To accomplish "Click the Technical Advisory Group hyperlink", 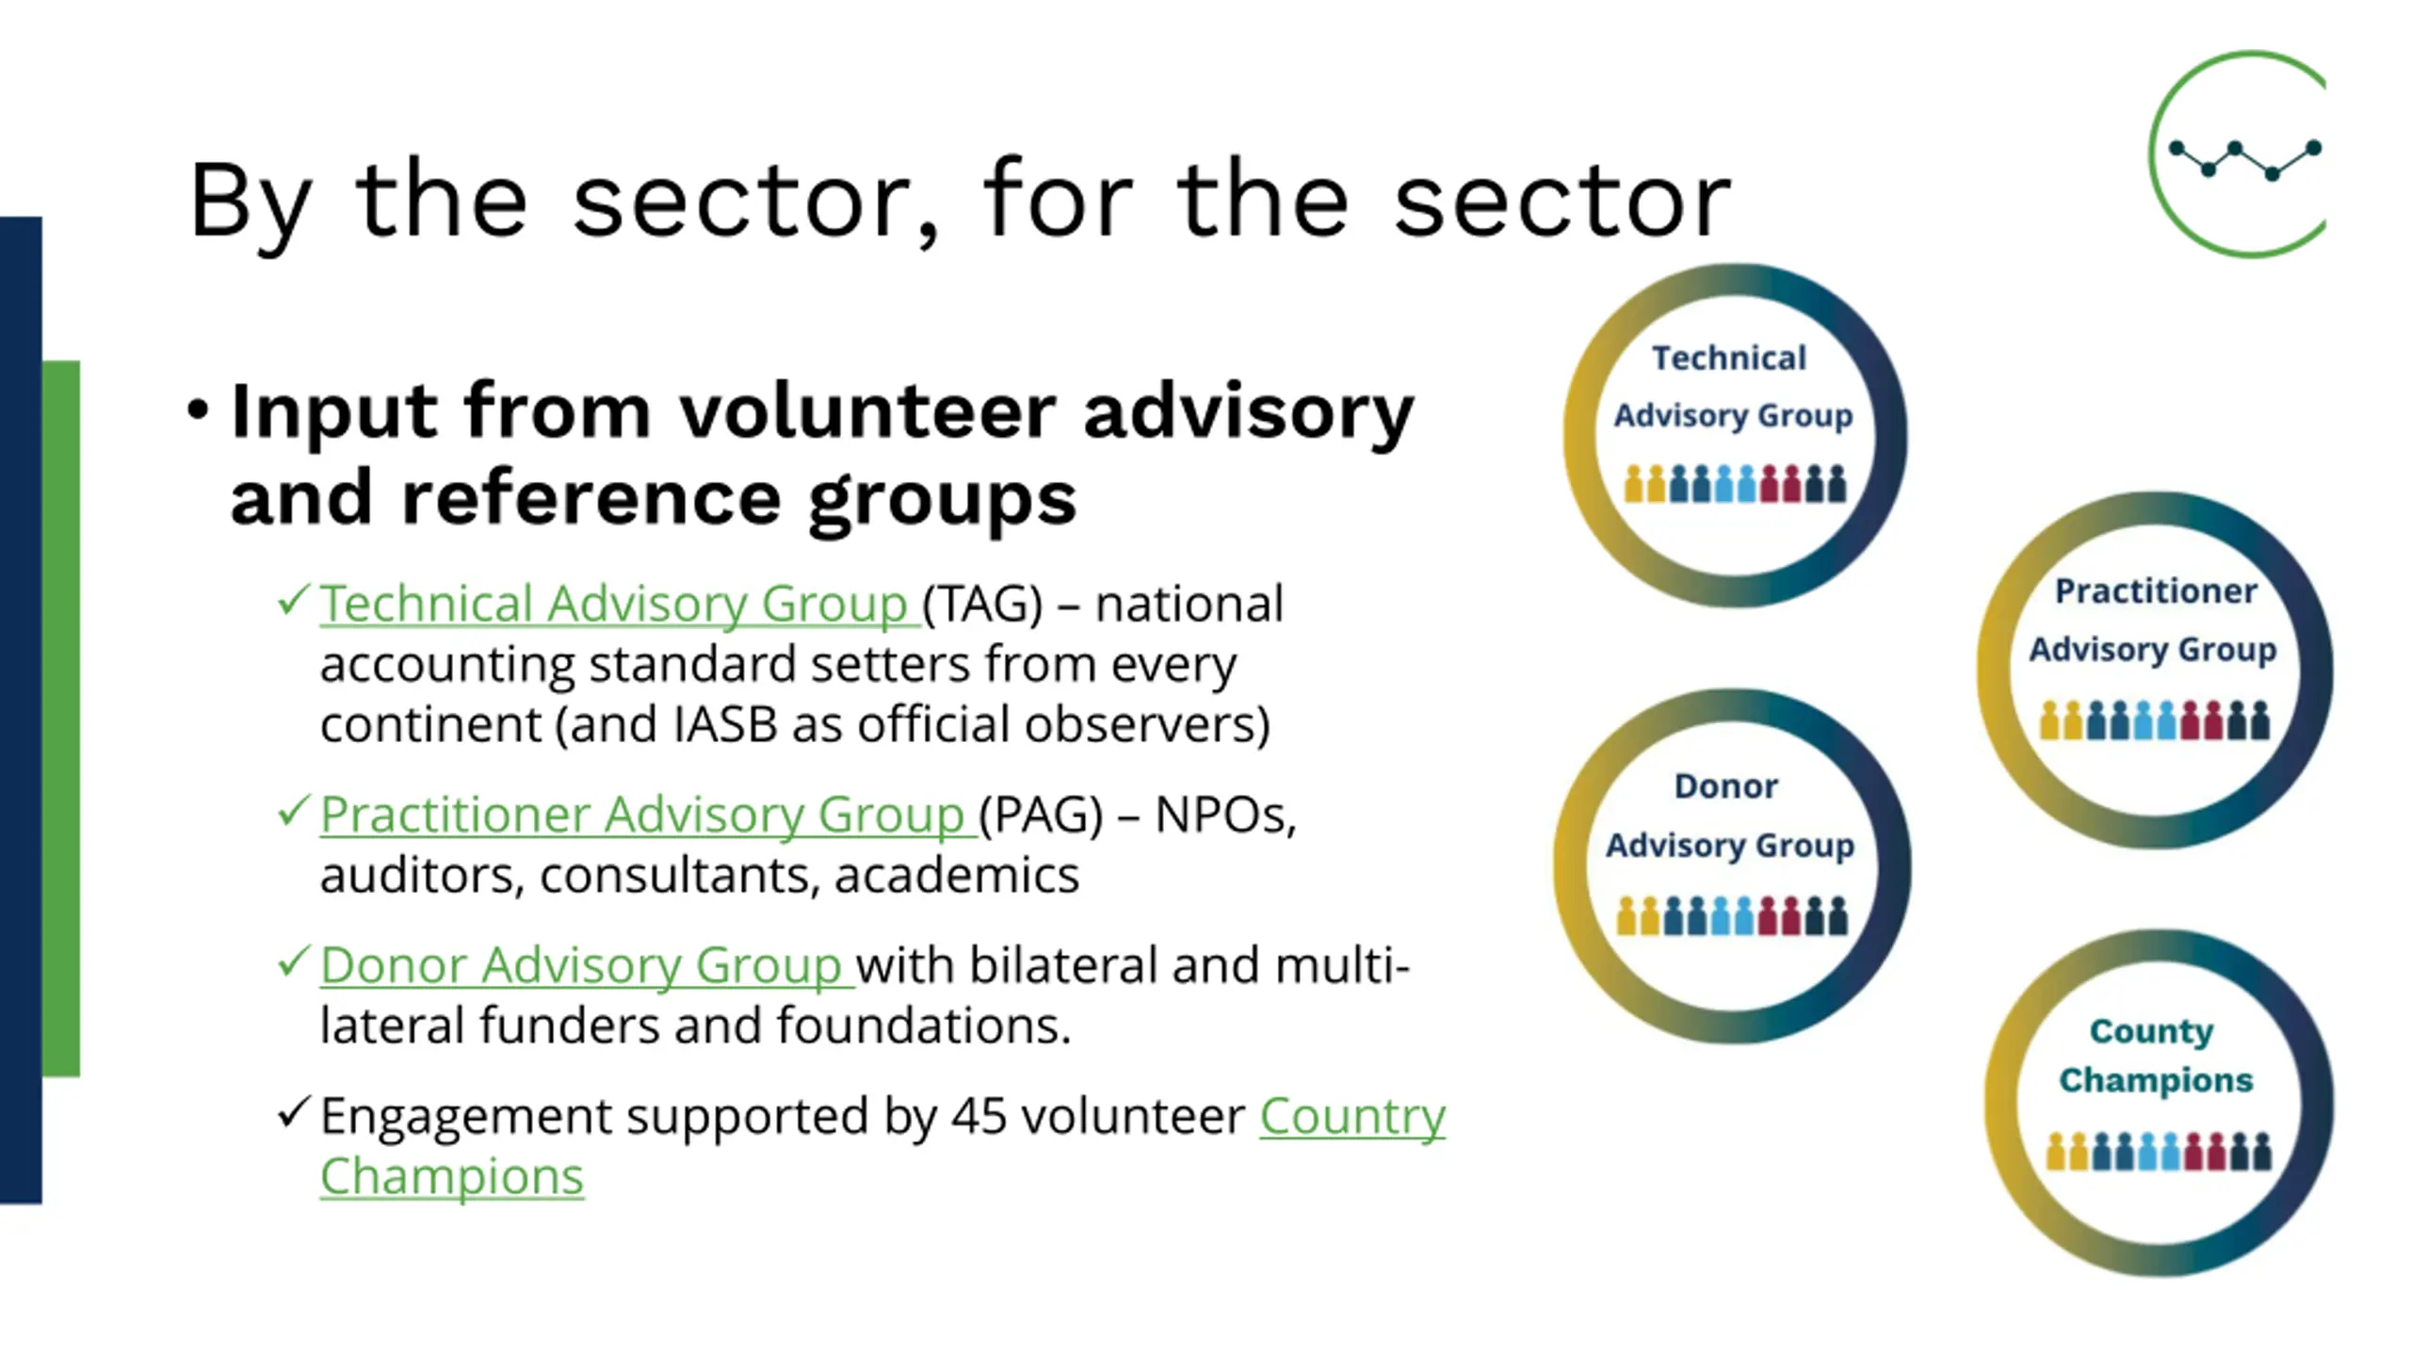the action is point(619,604).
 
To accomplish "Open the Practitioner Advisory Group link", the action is point(647,815).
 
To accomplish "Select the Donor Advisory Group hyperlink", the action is point(586,965).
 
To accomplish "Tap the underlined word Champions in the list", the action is point(452,1177).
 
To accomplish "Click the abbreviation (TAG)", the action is point(982,605).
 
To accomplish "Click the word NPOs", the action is point(1224,815).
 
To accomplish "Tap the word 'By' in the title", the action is point(250,203).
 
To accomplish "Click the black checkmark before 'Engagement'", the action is point(294,1112).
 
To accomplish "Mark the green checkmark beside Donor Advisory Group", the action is point(294,961).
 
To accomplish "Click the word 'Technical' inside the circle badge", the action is point(1729,358).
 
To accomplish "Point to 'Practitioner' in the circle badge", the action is point(2156,591).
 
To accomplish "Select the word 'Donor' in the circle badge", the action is point(1726,786).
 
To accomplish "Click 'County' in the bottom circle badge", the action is point(2152,1032).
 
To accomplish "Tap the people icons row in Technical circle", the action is point(1735,483).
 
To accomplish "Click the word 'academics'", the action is point(957,876).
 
